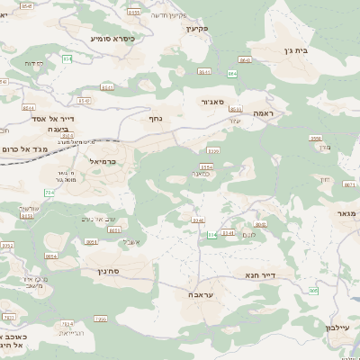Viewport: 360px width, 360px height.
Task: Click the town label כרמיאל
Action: tap(105, 161)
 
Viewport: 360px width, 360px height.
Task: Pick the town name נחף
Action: tap(155, 117)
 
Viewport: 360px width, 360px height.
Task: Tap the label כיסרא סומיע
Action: tap(112, 39)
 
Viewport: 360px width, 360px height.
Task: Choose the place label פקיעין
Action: tap(197, 29)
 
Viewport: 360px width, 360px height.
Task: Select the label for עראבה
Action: tap(201, 294)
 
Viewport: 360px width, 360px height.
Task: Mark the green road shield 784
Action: tap(49, 193)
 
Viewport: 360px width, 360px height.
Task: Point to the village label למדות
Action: tap(34, 64)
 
